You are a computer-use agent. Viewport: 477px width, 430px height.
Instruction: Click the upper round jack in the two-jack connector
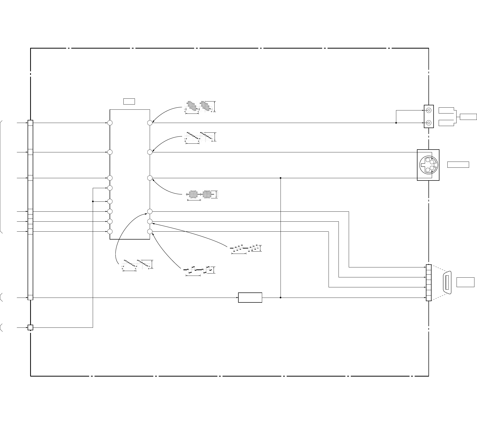click(x=429, y=110)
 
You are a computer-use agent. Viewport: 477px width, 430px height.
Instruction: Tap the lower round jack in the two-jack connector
click(x=429, y=123)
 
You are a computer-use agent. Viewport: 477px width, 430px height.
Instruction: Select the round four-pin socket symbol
click(x=428, y=165)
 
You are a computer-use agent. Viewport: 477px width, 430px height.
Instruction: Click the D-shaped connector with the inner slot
click(x=447, y=282)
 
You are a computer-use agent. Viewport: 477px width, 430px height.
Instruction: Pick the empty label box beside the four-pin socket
click(x=458, y=165)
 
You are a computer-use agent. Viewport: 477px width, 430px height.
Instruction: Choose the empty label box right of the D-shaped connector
click(x=465, y=282)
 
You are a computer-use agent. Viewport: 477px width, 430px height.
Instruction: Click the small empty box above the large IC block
click(x=129, y=101)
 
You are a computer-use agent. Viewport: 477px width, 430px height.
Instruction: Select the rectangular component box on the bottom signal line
click(x=250, y=298)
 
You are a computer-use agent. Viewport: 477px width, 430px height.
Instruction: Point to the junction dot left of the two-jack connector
click(x=396, y=123)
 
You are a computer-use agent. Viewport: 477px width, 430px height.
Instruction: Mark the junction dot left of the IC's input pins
click(x=93, y=201)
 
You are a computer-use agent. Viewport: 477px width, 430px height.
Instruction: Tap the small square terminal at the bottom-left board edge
click(x=30, y=327)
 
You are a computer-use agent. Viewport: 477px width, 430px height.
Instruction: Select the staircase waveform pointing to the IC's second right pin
click(x=199, y=136)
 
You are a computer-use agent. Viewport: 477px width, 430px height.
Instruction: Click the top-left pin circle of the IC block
click(x=110, y=123)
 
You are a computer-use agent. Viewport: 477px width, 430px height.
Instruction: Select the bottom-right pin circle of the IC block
click(x=150, y=232)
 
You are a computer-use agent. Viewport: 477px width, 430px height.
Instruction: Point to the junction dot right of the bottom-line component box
click(x=281, y=298)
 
